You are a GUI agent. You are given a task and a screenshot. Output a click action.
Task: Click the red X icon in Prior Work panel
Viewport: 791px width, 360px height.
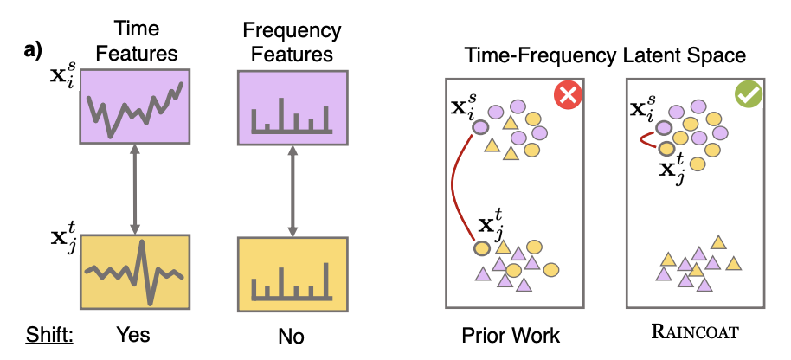tap(568, 97)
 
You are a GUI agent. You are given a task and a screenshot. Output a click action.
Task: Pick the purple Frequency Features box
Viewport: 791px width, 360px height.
tap(293, 108)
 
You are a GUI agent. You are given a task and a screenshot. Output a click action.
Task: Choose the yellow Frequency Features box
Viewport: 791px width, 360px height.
tap(293, 273)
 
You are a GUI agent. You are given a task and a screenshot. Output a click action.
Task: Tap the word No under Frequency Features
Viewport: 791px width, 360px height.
tap(292, 333)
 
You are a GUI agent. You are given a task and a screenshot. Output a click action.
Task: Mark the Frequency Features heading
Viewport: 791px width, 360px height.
tap(292, 42)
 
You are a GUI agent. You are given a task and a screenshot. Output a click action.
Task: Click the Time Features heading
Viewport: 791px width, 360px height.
tap(136, 42)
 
